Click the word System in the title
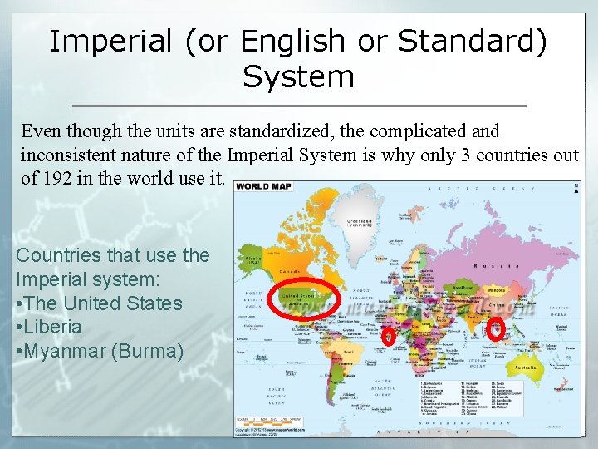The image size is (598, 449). click(x=298, y=77)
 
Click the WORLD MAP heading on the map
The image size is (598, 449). click(x=264, y=186)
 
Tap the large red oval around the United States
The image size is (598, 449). click(x=305, y=299)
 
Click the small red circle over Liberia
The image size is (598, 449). click(x=388, y=335)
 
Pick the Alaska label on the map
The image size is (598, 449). click(x=248, y=259)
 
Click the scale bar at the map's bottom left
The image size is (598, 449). click(x=266, y=420)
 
